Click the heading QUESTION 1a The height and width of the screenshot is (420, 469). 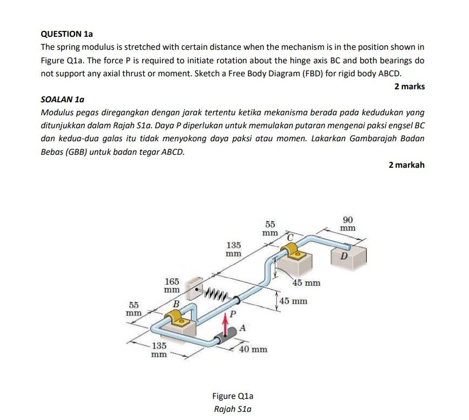click(x=63, y=34)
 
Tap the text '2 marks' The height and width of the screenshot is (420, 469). click(x=409, y=87)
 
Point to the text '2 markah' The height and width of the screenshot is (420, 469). click(x=406, y=165)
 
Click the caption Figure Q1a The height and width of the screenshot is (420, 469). click(x=233, y=396)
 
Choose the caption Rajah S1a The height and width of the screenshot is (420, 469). click(x=233, y=409)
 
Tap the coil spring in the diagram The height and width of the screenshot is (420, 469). click(x=220, y=294)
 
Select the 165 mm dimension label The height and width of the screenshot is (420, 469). click(x=172, y=285)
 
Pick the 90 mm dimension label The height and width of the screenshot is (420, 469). click(x=348, y=224)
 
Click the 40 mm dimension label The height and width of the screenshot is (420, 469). click(x=253, y=349)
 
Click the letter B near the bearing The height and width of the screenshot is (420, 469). click(x=175, y=304)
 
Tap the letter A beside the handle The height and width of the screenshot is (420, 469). click(x=242, y=327)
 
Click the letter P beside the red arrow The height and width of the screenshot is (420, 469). click(x=233, y=314)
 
